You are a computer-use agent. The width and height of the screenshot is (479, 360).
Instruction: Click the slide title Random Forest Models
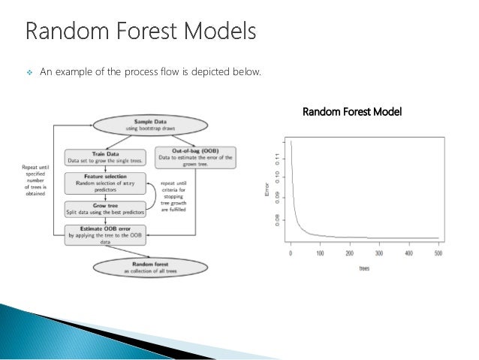pyautogui.click(x=140, y=33)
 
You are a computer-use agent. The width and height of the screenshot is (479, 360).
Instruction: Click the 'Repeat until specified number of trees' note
pyautogui.click(x=35, y=180)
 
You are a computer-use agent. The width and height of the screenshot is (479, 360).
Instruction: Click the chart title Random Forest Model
pyautogui.click(x=351, y=112)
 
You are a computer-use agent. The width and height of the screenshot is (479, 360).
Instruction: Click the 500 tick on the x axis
pyautogui.click(x=438, y=253)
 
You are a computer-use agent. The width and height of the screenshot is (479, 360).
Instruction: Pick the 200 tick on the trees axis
pyautogui.click(x=350, y=253)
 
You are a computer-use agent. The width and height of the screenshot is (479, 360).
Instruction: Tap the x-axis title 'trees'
pyautogui.click(x=363, y=268)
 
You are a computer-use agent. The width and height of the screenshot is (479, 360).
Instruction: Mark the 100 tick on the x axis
pyautogui.click(x=320, y=253)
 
